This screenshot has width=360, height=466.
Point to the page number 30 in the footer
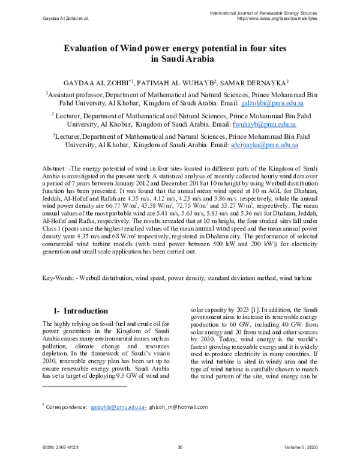pyautogui.click(x=179, y=447)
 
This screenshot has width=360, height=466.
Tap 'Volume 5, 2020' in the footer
pyautogui.click(x=304, y=447)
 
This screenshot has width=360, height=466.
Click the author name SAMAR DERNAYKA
pyautogui.click(x=239, y=82)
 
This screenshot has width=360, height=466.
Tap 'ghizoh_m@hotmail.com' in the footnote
pyautogui.click(x=178, y=407)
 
